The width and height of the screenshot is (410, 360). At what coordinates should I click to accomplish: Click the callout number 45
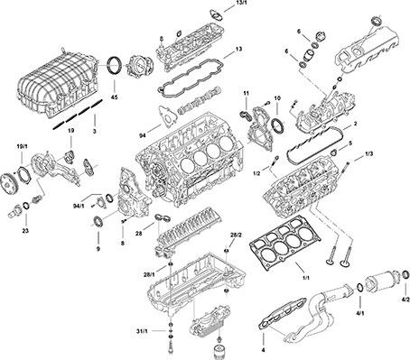tap(114, 97)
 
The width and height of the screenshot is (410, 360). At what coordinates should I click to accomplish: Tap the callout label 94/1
tap(79, 206)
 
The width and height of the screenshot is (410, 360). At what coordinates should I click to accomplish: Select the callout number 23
tap(25, 231)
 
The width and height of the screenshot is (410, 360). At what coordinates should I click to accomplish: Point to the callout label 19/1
tap(22, 146)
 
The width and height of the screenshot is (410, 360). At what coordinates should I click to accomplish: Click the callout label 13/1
tap(239, 3)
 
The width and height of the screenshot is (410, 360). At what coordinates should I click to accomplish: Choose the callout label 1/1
tap(305, 278)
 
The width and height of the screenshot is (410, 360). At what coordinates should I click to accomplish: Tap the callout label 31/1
tap(142, 331)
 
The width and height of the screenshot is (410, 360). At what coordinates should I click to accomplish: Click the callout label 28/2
tap(236, 235)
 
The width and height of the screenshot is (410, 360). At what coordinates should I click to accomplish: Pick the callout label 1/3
tap(369, 153)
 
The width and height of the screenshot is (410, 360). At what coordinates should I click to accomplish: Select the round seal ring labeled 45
tap(115, 65)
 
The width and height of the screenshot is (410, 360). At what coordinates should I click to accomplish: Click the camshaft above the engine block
tap(200, 100)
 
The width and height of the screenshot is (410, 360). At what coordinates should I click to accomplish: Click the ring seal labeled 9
tap(98, 222)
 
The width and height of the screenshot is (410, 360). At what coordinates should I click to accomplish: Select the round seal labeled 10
tap(277, 125)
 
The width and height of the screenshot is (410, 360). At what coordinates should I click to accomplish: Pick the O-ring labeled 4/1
tap(360, 288)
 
